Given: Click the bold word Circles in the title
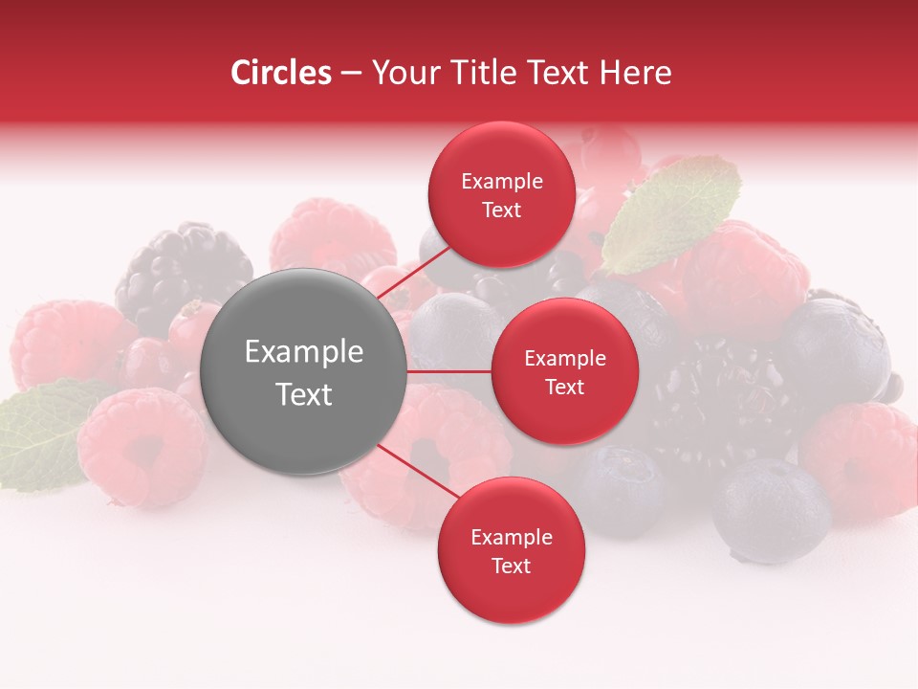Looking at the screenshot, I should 281,73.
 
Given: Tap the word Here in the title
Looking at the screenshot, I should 635,73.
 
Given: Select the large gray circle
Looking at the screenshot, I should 304,371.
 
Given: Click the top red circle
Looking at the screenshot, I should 501,194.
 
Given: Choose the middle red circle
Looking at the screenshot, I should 564,371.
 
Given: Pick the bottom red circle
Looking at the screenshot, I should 511,550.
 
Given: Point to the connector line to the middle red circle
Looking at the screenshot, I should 449,371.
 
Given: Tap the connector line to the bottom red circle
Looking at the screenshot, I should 419,472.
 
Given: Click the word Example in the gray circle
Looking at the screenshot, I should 304,352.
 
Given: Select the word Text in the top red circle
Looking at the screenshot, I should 501,210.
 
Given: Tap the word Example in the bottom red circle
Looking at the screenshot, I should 511,537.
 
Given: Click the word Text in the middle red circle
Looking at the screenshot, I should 564,387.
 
